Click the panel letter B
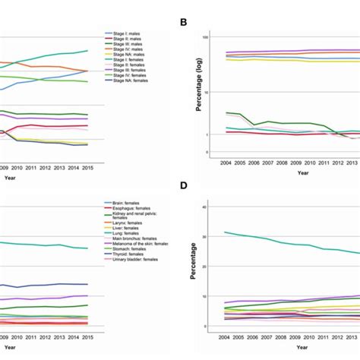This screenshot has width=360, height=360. point(184,22)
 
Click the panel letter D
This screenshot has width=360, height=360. point(184,193)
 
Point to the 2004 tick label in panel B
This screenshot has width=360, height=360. point(225,162)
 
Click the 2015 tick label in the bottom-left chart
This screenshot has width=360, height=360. point(87,336)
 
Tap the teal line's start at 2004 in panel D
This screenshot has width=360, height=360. point(225,232)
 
